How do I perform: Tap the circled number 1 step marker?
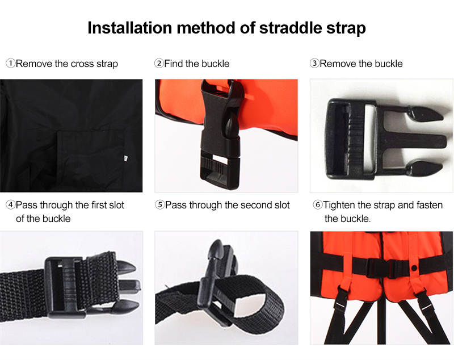(x=10, y=64)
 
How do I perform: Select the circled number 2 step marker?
(x=159, y=64)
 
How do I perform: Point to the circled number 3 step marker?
(x=314, y=64)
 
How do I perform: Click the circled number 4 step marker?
(x=10, y=205)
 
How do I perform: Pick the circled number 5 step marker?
(x=159, y=205)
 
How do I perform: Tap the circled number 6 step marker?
(x=318, y=205)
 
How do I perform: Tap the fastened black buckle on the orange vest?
(x=390, y=266)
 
